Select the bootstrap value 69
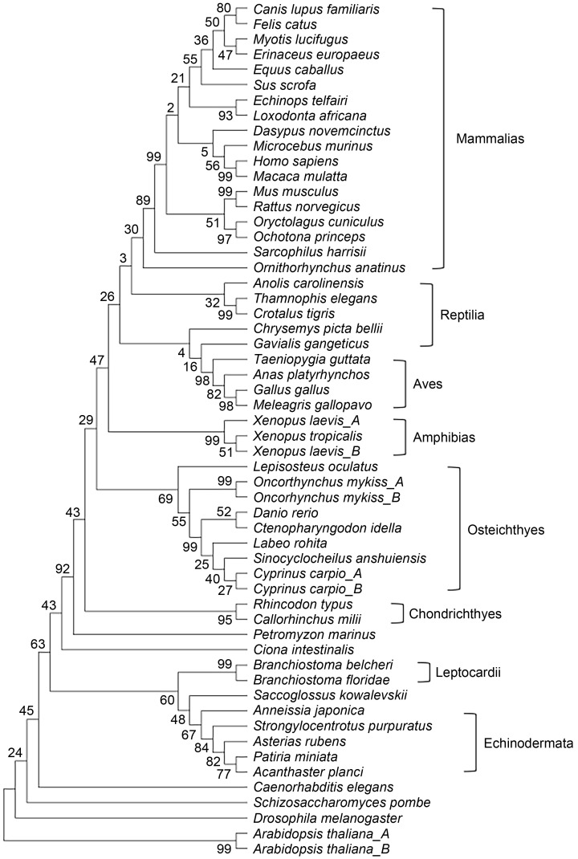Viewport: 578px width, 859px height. (166, 499)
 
